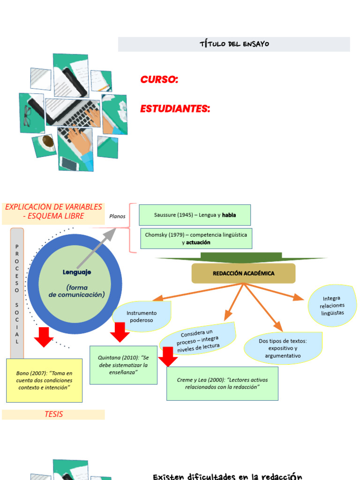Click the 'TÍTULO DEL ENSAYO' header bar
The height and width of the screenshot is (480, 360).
tap(234, 44)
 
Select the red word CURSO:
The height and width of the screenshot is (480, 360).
tap(159, 80)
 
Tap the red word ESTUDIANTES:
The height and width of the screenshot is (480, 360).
tap(175, 109)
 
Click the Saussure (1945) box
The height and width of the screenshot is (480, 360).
tap(195, 215)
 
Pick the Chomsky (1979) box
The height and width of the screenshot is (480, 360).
tap(196, 238)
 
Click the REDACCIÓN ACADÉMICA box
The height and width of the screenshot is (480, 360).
tap(243, 273)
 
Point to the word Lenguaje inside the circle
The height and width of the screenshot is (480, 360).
tap(77, 272)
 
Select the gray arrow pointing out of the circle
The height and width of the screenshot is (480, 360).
tap(96, 248)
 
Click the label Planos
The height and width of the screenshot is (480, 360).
tap(117, 216)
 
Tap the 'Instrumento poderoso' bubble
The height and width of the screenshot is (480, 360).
tap(142, 316)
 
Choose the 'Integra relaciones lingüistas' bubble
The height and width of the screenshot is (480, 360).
tap(332, 305)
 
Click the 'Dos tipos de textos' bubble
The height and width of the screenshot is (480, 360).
tap(283, 348)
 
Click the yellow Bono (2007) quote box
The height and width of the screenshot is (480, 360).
tap(44, 380)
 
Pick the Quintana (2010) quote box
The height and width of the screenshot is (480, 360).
tap(123, 365)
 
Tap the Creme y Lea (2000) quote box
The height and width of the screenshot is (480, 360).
tap(222, 383)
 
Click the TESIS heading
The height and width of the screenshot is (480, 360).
tap(53, 414)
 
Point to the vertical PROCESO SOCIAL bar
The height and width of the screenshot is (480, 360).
tap(17, 293)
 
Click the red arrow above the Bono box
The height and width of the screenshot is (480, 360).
tap(44, 337)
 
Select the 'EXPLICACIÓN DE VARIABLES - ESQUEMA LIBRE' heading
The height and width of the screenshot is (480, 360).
tap(53, 211)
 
